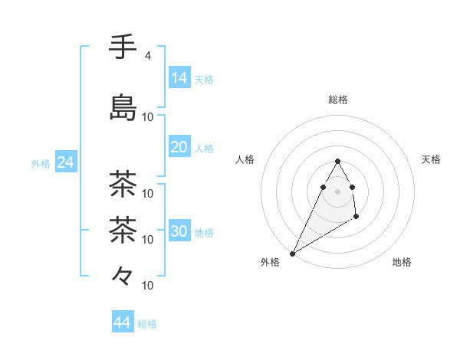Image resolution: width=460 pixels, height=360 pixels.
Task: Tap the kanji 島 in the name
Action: tap(123, 108)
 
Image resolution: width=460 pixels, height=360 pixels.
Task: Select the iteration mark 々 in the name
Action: tap(123, 275)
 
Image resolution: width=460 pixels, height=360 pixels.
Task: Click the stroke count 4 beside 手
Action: tap(147, 56)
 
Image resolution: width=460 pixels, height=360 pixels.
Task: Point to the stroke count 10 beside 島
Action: tap(148, 117)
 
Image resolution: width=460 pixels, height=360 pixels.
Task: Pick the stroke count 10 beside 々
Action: tap(148, 286)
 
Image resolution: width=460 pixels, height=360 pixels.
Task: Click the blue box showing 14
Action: tap(179, 78)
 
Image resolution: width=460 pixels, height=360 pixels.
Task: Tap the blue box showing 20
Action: tap(179, 147)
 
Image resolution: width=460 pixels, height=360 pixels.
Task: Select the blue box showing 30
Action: tap(179, 231)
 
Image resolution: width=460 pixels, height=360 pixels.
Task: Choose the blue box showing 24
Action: tap(65, 162)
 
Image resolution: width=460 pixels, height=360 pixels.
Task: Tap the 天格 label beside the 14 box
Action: tap(204, 79)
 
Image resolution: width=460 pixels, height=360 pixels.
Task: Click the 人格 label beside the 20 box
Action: tap(204, 148)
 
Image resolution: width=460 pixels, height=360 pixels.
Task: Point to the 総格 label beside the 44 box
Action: tap(147, 323)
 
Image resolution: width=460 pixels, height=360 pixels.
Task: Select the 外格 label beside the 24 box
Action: tap(41, 163)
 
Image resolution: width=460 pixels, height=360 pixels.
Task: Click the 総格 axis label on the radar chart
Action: tap(337, 100)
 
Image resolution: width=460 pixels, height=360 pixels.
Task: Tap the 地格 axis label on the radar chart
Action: tap(402, 262)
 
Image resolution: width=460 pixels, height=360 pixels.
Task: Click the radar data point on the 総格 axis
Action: tap(337, 161)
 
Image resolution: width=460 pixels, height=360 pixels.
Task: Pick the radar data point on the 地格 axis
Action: tap(356, 218)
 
